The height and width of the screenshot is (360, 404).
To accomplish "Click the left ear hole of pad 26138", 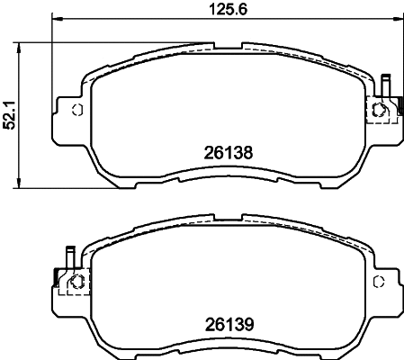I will [76, 110].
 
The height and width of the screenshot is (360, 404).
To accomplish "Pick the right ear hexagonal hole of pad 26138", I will [379, 111].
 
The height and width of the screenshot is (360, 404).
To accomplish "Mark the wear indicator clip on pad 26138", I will [385, 86].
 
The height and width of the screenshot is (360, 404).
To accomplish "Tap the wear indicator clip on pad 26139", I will [67, 260].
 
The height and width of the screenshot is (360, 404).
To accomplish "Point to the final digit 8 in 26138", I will [244, 153].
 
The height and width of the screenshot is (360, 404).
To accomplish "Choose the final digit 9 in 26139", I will [244, 320].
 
